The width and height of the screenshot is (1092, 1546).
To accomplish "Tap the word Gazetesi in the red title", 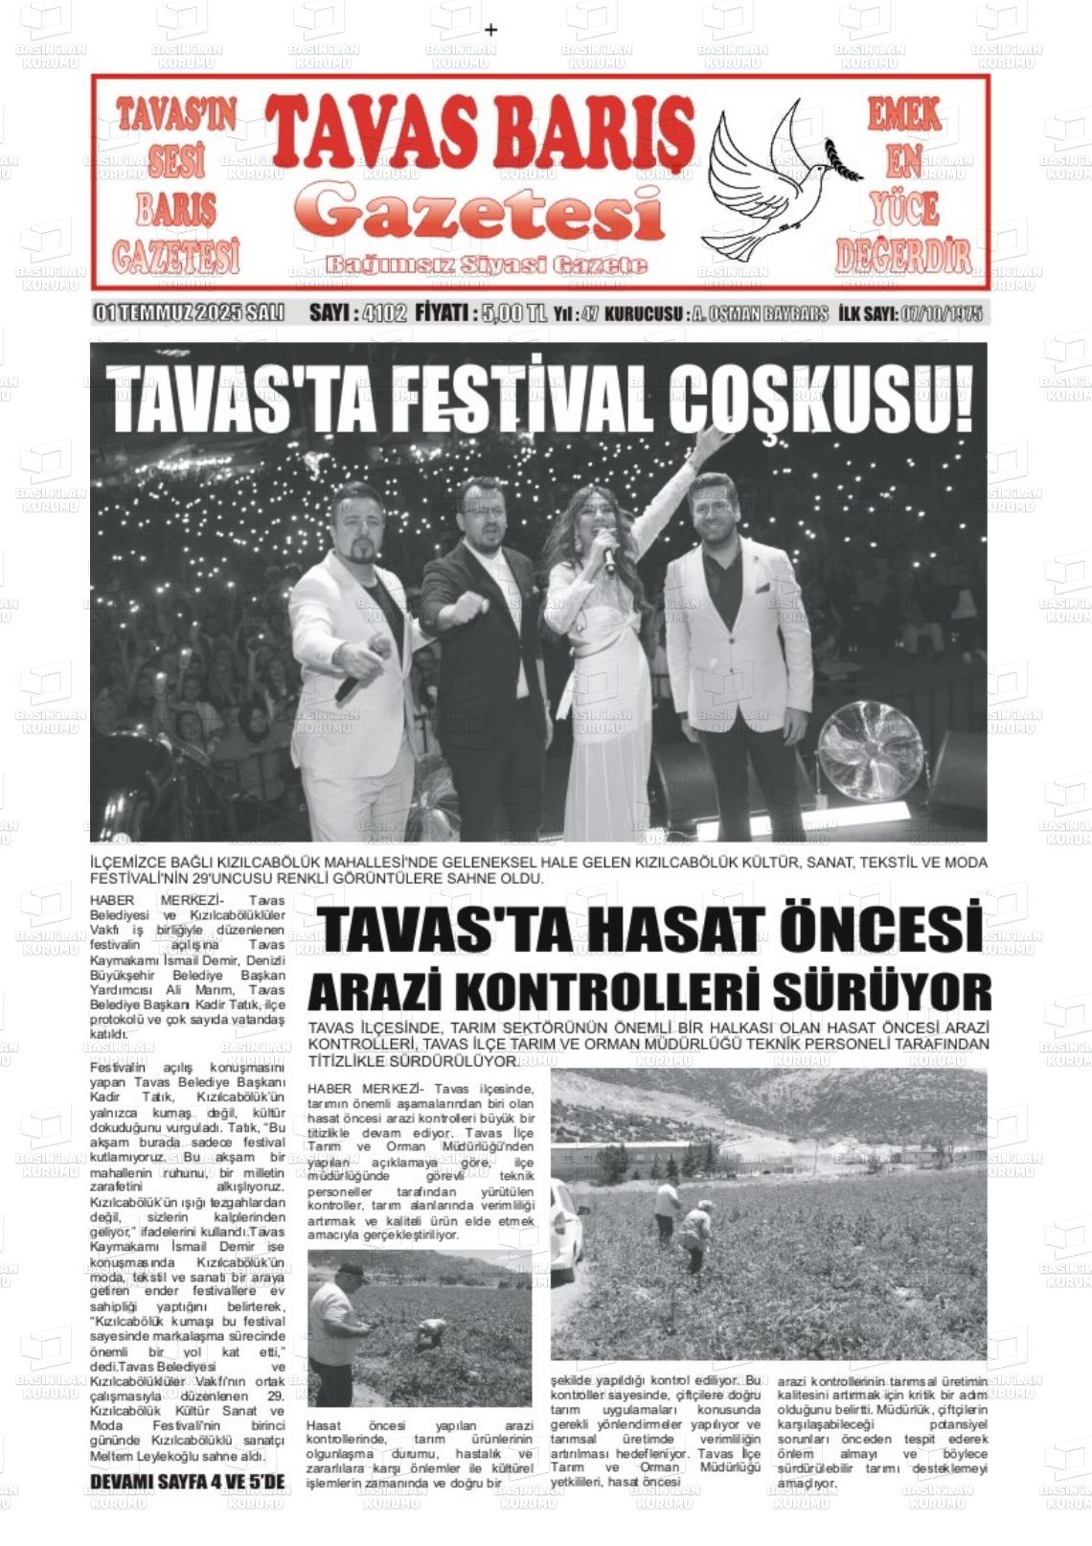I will pyautogui.click(x=479, y=212).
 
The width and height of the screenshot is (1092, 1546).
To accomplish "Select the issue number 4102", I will pyautogui.click(x=385, y=313).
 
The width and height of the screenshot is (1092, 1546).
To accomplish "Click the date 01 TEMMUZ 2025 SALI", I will pyautogui.click(x=189, y=313).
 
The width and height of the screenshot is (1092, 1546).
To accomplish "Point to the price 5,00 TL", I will pyautogui.click(x=514, y=313).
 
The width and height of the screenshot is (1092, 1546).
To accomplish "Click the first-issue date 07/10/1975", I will pyautogui.click(x=942, y=313).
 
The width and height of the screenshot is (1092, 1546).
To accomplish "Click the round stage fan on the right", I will pyautogui.click(x=870, y=751).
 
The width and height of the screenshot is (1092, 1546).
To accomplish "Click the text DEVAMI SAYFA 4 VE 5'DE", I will pyautogui.click(x=188, y=1482).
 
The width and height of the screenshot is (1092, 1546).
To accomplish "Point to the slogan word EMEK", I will pyautogui.click(x=903, y=117).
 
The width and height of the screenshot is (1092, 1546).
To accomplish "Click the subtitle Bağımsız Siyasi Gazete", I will pyautogui.click(x=487, y=265).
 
